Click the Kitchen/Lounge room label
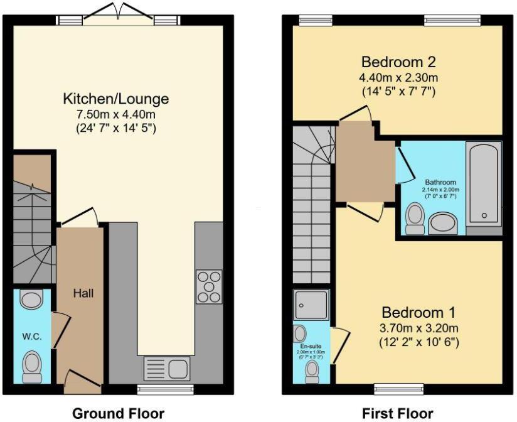(115, 99)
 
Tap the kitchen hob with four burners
(209, 286)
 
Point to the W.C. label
(32, 337)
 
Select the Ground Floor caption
(119, 413)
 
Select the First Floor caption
(398, 413)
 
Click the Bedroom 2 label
(398, 62)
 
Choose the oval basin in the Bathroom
(443, 224)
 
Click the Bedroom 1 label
(420, 312)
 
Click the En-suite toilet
(311, 371)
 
